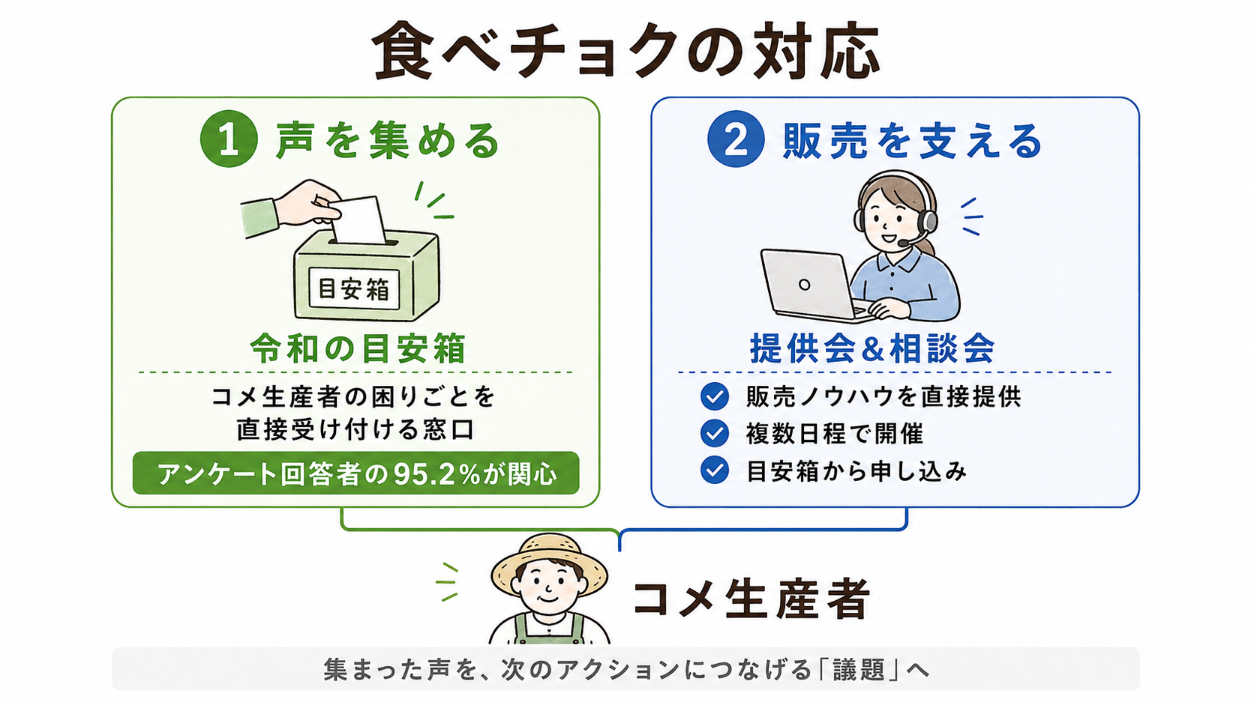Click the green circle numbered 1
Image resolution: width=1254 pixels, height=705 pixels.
pyautogui.click(x=229, y=138)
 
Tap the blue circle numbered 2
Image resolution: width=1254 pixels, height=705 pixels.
pyautogui.click(x=736, y=138)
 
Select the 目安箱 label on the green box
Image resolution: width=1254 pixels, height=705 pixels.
pyautogui.click(x=354, y=289)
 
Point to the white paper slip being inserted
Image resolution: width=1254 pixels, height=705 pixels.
pyautogui.click(x=359, y=220)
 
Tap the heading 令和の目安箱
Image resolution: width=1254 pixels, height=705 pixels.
pyautogui.click(x=358, y=348)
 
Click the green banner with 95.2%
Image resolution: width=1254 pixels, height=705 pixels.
pyautogui.click(x=355, y=473)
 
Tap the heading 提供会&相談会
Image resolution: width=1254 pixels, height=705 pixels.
pyautogui.click(x=872, y=348)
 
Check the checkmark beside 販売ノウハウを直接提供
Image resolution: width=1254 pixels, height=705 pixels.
pyautogui.click(x=714, y=396)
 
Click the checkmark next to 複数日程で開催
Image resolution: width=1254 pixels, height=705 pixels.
pyautogui.click(x=714, y=433)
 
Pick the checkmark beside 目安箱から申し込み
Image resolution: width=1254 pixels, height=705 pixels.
pyautogui.click(x=714, y=470)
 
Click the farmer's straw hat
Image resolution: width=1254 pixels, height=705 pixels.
pyautogui.click(x=549, y=562)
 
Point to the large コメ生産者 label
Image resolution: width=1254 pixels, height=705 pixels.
pyautogui.click(x=751, y=599)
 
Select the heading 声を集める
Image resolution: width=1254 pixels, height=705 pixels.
pyautogui.click(x=388, y=140)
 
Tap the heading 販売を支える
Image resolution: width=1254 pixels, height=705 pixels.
pyautogui.click(x=912, y=140)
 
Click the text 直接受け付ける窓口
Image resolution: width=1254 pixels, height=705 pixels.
pyautogui.click(x=355, y=430)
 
